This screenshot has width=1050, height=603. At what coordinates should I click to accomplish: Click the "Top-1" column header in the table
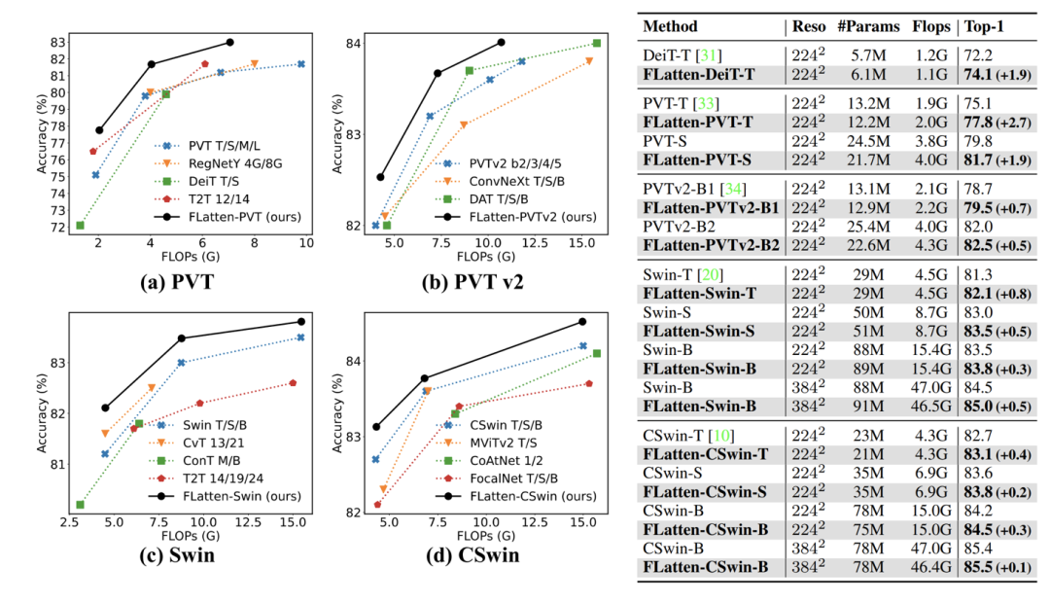click(x=984, y=26)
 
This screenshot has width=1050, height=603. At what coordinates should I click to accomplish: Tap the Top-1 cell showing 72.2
click(x=977, y=52)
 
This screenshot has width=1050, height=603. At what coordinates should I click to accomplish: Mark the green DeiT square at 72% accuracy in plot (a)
click(x=80, y=226)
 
